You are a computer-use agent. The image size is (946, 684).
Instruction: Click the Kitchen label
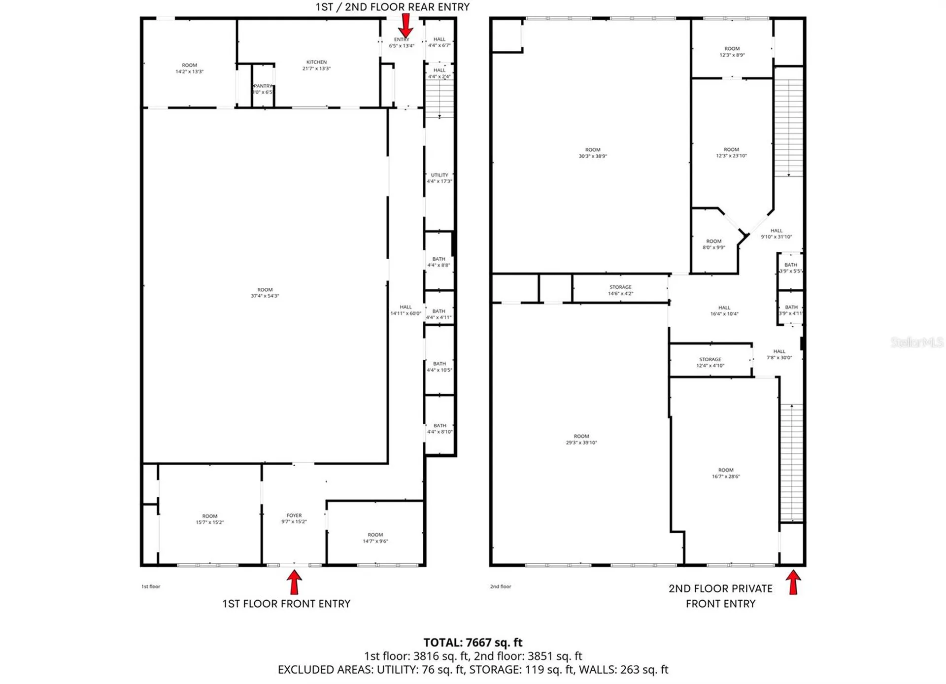[316, 65]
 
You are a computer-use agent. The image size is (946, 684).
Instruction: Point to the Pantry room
[263, 89]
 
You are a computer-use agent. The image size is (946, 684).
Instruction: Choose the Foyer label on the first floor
[294, 518]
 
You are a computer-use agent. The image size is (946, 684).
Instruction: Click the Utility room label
[439, 178]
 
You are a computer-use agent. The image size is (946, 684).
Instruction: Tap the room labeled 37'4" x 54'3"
[265, 293]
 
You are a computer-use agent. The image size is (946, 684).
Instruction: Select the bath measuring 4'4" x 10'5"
[439, 367]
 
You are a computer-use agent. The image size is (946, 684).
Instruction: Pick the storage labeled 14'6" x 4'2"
[620, 290]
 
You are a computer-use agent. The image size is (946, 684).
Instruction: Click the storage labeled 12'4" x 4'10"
[710, 362]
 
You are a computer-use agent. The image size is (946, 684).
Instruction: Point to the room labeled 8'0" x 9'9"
[713, 244]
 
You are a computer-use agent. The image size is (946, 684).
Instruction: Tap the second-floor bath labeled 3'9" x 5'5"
[791, 268]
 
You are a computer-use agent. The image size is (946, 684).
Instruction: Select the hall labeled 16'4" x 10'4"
[724, 310]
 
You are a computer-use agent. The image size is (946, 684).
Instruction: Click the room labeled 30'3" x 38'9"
[593, 153]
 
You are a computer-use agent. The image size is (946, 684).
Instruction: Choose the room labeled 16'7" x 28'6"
[726, 473]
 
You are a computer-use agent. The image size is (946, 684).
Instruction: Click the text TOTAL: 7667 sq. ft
[473, 642]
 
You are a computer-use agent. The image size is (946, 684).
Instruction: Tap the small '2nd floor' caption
[501, 586]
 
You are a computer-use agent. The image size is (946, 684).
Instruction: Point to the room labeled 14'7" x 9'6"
[375, 538]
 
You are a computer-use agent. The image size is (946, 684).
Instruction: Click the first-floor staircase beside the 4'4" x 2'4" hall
[439, 99]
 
